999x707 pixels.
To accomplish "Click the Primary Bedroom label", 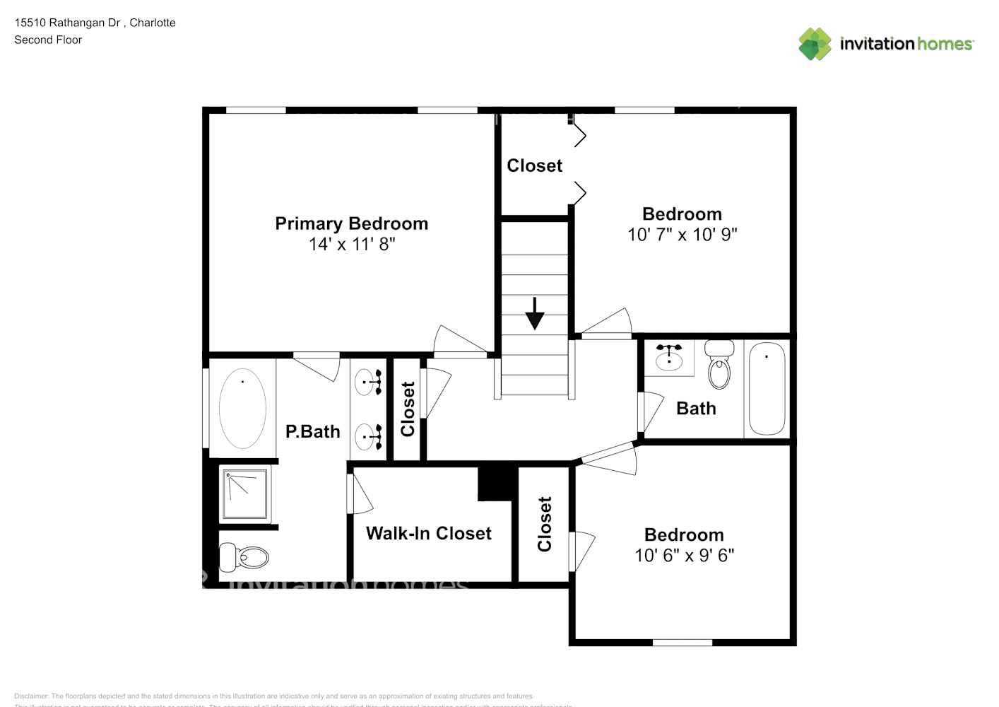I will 351,223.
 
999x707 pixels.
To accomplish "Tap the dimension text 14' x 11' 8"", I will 351,244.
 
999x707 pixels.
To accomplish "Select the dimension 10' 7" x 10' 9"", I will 682,234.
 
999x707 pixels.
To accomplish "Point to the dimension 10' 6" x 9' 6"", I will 684,555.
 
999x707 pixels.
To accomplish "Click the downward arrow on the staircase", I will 535,313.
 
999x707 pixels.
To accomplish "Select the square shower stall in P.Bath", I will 245,494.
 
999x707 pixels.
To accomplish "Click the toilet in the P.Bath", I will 244,557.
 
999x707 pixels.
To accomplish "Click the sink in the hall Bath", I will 668,357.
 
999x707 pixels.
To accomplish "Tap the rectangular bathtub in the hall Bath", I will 767,389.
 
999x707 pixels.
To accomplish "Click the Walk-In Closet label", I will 428,533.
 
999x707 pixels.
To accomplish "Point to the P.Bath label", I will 312,431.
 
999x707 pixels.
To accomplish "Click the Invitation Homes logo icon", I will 815,44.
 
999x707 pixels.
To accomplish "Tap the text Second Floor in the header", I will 48,40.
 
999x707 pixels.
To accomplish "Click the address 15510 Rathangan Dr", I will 68,23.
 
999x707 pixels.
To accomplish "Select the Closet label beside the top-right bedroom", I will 534,165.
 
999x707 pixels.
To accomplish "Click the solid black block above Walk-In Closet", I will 495,483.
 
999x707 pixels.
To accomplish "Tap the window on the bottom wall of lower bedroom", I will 682,642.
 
